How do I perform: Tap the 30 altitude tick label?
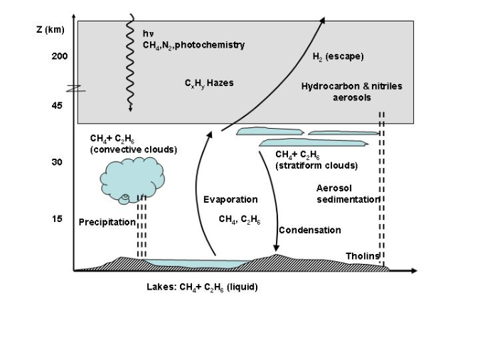pos(56,162)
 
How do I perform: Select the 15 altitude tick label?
pos(56,218)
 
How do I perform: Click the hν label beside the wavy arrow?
pos(148,33)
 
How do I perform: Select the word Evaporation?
pos(230,199)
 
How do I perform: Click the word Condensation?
pos(309,230)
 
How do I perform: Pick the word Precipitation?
pos(107,222)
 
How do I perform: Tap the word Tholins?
pos(363,256)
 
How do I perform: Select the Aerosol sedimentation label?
pos(348,194)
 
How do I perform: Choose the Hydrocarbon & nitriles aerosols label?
pos(351,92)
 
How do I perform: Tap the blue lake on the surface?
pos(199,263)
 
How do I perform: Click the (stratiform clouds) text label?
pos(316,166)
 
